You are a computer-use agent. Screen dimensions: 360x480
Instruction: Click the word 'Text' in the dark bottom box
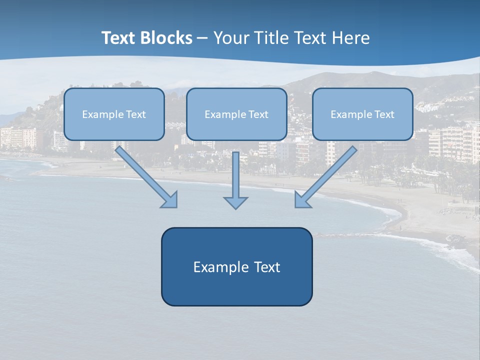click(267, 267)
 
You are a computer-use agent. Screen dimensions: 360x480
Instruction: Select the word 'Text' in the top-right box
click(384, 114)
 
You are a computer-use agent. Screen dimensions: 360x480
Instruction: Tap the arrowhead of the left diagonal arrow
click(170, 200)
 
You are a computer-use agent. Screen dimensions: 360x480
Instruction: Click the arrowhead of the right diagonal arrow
click(302, 200)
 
